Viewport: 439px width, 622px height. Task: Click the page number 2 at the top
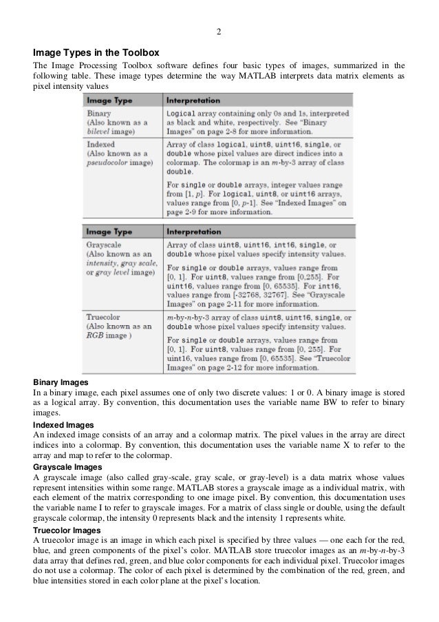(x=219, y=32)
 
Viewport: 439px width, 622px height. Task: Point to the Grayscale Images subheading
(x=69, y=466)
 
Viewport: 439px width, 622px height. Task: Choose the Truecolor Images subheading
(x=67, y=531)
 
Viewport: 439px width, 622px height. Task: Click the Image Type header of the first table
(x=109, y=100)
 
